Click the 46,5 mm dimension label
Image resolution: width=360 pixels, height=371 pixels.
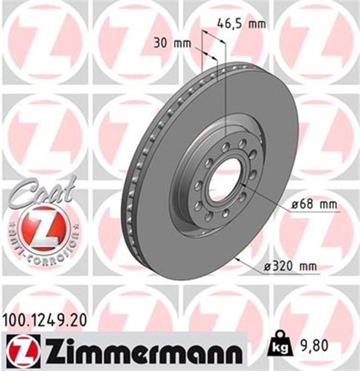tap(241, 24)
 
